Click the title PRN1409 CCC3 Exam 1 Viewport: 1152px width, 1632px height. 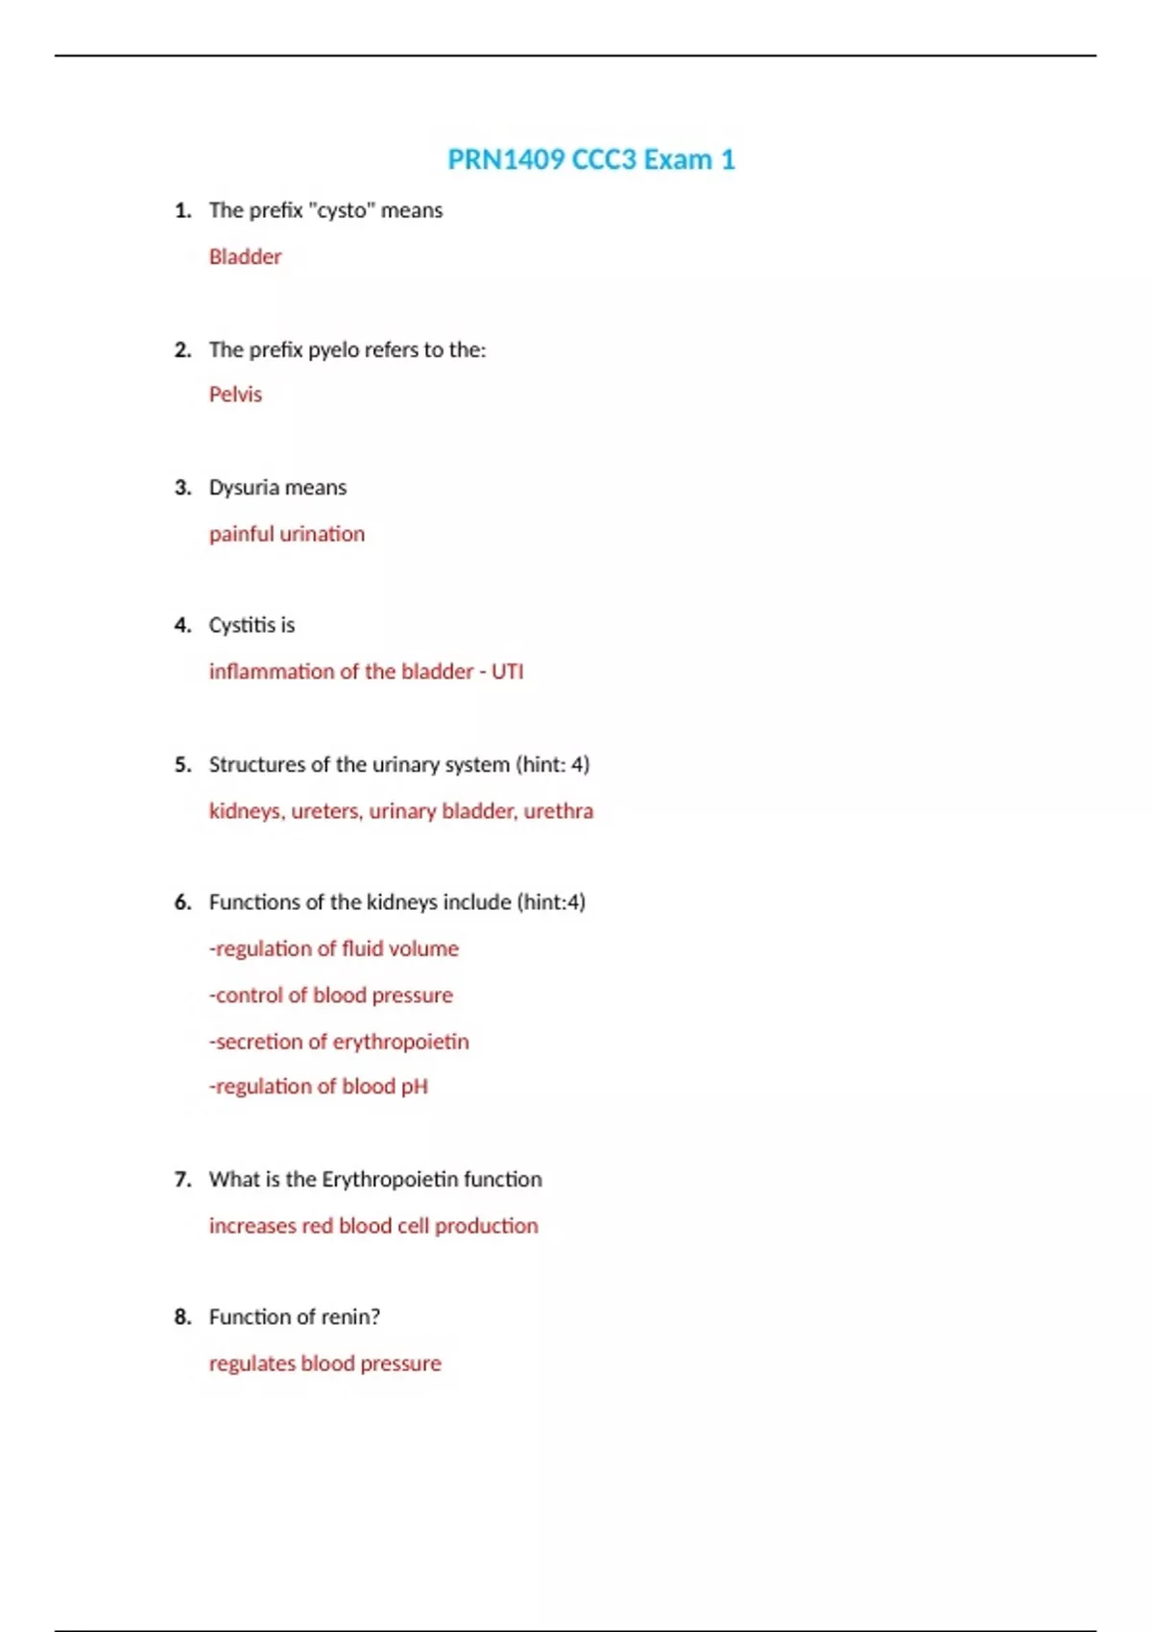coord(590,159)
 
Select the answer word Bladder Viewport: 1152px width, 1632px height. coord(245,257)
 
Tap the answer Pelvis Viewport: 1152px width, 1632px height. coord(235,395)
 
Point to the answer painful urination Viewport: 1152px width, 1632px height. coord(287,534)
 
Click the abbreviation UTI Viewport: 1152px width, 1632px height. coord(508,672)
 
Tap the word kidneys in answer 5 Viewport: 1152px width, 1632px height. coord(245,811)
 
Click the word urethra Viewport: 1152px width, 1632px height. coord(559,811)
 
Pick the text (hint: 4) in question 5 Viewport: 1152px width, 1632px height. coord(553,765)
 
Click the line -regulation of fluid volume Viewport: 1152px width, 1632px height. coord(334,948)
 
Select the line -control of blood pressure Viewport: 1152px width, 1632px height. coord(331,996)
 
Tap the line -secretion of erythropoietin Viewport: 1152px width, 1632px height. coord(339,1042)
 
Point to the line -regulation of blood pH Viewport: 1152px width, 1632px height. coord(319,1087)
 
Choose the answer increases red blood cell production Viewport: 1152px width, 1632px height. coord(373,1226)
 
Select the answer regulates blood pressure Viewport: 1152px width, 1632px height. coord(325,1364)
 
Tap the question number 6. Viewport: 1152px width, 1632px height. coord(182,902)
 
